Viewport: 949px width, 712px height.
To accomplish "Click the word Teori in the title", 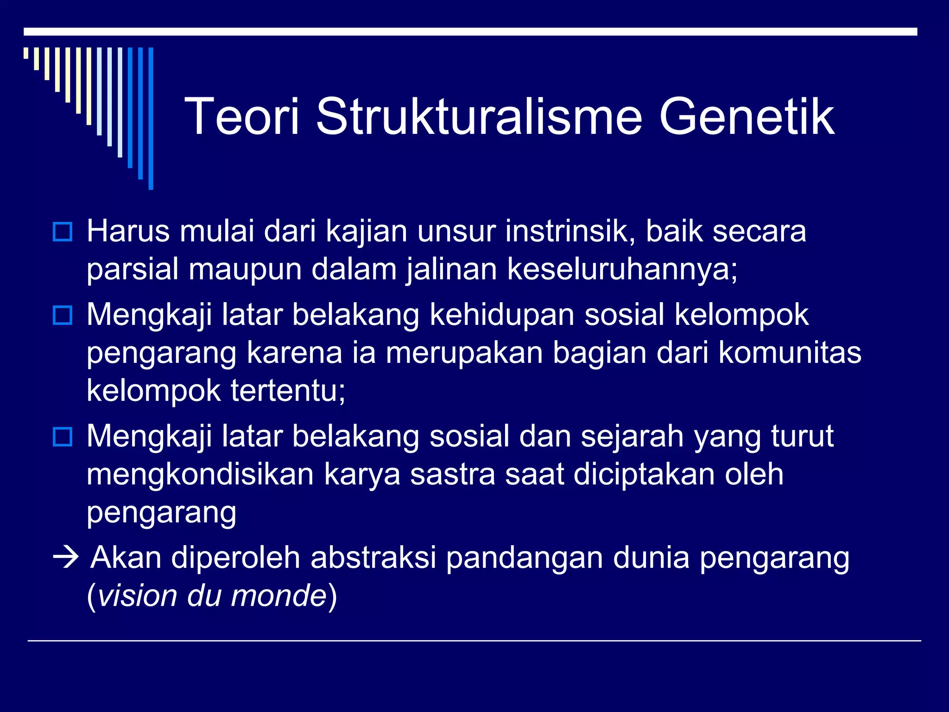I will [242, 116].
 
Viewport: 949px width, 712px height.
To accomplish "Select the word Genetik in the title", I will [747, 116].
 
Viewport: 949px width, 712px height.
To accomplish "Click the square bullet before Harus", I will [63, 232].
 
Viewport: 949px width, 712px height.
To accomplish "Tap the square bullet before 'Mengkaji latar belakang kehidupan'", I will [63, 316].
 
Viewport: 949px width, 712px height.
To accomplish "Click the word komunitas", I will [790, 353].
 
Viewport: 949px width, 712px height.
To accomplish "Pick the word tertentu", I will [288, 391].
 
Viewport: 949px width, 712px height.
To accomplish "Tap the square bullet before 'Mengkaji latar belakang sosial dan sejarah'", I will [63, 437].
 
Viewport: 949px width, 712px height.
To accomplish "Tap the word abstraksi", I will [373, 558].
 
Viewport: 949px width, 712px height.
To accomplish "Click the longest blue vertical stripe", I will [151, 118].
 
